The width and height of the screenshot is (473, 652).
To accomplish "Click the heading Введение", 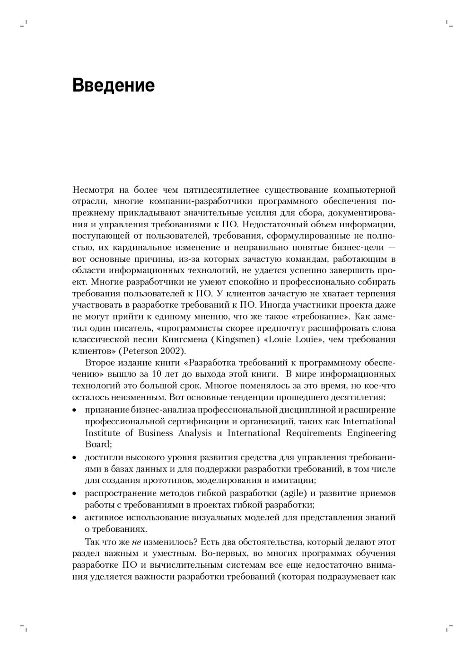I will pyautogui.click(x=114, y=86).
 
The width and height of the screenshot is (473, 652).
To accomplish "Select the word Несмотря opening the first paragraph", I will pyautogui.click(x=93, y=190).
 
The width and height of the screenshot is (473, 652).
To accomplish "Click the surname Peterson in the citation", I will pyautogui.click(x=140, y=351).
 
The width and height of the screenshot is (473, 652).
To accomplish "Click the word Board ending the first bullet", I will pyautogui.click(x=97, y=444).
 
